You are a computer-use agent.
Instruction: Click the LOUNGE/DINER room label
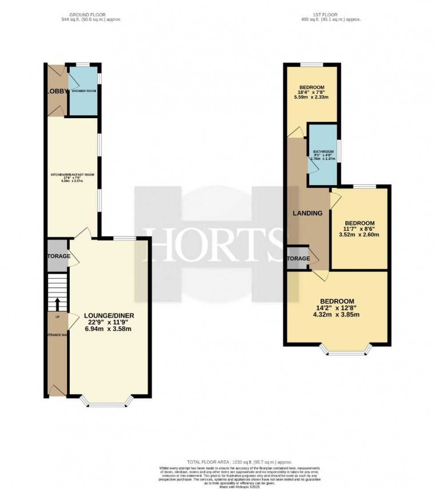point(109,316)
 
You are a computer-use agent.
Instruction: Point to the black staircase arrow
point(57,305)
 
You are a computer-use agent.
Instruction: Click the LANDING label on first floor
point(307,213)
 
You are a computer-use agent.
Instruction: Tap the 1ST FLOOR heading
point(332,15)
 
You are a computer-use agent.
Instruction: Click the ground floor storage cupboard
point(58,256)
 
